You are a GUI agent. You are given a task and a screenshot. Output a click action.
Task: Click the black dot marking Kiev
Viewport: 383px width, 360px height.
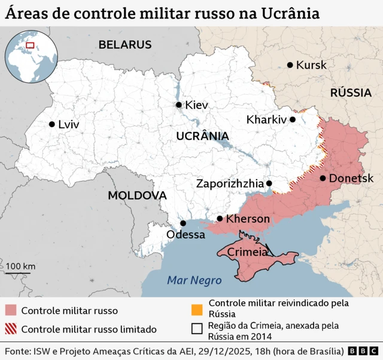coord(178,105)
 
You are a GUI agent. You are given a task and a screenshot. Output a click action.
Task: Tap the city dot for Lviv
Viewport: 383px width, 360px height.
coord(51,125)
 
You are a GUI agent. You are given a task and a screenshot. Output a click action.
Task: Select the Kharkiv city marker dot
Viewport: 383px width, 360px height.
coord(293,119)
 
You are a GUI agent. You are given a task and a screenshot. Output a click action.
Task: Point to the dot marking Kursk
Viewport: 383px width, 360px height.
coord(290,65)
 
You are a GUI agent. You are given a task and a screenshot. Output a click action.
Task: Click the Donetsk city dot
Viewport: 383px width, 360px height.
coord(323,178)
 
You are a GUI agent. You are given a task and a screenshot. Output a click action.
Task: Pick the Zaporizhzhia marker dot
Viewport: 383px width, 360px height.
coord(269,183)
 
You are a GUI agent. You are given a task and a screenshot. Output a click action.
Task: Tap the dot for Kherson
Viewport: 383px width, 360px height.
coord(220,219)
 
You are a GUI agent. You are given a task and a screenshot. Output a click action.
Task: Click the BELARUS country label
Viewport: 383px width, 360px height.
coord(125,44)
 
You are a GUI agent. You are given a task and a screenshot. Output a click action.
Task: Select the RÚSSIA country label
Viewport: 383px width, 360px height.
coord(351,93)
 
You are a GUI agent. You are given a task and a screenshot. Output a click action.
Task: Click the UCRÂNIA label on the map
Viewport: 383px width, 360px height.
coord(202,136)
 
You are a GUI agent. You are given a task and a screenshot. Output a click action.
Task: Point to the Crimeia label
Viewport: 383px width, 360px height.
coord(247,252)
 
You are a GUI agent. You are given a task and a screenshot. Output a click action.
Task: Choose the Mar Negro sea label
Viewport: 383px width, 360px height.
coord(194,280)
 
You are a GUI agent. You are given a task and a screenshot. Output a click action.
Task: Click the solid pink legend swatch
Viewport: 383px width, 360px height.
coord(11,310)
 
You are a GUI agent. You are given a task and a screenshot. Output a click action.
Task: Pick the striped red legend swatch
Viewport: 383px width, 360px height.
coord(11,329)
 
